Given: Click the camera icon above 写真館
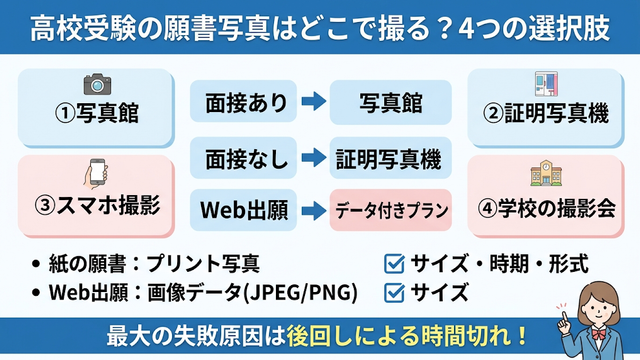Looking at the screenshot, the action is [x=97, y=84].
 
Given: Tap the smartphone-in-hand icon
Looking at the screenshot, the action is [x=96, y=173].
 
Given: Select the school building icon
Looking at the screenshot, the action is [x=546, y=173].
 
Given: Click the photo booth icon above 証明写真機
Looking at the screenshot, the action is [x=546, y=84].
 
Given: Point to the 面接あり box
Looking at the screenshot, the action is [x=243, y=101].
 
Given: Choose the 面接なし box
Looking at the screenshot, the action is [x=243, y=158].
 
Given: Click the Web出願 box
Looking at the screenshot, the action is [x=243, y=210].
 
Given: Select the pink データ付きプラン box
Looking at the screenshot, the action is [x=391, y=210].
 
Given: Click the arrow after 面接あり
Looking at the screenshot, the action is [x=313, y=101].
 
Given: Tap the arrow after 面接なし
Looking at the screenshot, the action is [x=313, y=158].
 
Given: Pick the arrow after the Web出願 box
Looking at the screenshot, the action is [x=313, y=210].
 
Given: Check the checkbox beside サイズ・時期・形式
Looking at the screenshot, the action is [x=394, y=263].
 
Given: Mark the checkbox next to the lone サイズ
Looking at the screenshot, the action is [x=394, y=293].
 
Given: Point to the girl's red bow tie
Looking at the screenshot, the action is [x=599, y=334].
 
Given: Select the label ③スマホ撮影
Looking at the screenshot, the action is [x=97, y=205].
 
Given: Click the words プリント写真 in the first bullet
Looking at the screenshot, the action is [x=203, y=264].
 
